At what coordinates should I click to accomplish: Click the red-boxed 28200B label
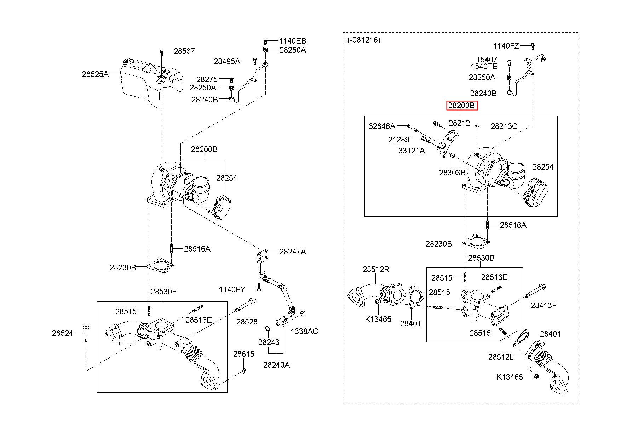462,106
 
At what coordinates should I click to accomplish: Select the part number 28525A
95,74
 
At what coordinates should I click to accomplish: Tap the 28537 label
184,51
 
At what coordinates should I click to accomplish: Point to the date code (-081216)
364,40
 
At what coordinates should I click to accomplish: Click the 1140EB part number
292,41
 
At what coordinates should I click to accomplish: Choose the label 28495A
227,61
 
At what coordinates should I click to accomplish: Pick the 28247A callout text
293,252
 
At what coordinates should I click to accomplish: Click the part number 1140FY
232,290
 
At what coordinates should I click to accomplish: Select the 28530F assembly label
163,292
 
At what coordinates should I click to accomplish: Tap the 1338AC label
305,331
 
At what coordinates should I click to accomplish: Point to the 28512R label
376,270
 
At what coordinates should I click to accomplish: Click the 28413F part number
543,305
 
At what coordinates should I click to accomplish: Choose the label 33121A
412,151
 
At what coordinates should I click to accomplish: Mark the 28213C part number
504,126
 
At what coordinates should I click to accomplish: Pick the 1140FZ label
506,46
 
